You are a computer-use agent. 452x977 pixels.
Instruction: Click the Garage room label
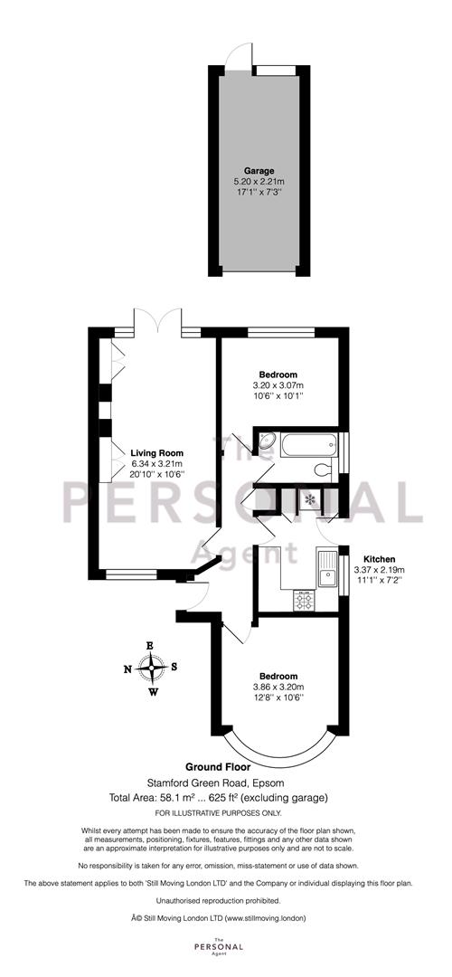259,170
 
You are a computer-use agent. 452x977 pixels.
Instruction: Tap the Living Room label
156,452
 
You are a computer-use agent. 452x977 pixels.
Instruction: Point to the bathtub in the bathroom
307,445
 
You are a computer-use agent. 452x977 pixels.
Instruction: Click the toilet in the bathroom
320,470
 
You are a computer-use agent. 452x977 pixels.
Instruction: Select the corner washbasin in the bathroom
268,442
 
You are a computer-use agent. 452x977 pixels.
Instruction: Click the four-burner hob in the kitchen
305,598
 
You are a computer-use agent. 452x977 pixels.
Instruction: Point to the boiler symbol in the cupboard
311,498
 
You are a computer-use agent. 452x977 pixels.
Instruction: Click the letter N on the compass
127,669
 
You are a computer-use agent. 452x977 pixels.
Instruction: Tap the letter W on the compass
153,692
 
